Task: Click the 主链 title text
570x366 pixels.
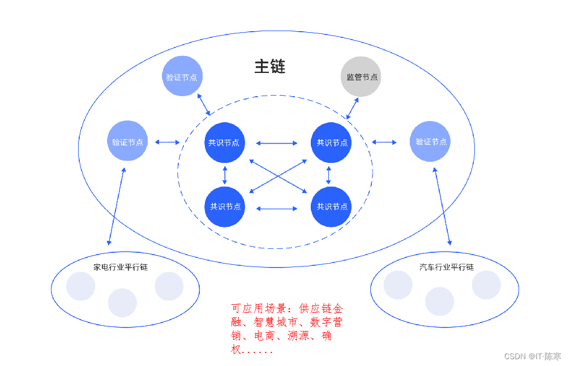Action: pyautogui.click(x=269, y=67)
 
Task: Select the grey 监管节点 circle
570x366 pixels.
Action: pyautogui.click(x=361, y=76)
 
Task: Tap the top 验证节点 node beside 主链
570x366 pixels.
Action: pyautogui.click(x=182, y=76)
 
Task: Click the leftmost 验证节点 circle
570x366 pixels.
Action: pyautogui.click(x=127, y=141)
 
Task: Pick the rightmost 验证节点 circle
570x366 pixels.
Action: pyautogui.click(x=431, y=141)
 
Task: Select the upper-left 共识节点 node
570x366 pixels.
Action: pyautogui.click(x=224, y=143)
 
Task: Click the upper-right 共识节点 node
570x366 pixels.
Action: pyautogui.click(x=332, y=143)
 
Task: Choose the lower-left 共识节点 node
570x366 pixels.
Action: pyautogui.click(x=225, y=206)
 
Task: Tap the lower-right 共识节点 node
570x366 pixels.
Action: pyautogui.click(x=332, y=206)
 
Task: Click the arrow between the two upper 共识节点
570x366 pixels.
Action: pyautogui.click(x=276, y=143)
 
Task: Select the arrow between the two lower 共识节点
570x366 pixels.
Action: pyautogui.click(x=276, y=209)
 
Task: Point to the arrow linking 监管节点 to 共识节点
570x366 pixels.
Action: pyautogui.click(x=353, y=108)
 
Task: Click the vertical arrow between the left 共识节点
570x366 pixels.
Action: pyautogui.click(x=225, y=174)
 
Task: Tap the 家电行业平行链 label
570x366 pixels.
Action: pyautogui.click(x=121, y=267)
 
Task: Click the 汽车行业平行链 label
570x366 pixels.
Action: pyautogui.click(x=447, y=267)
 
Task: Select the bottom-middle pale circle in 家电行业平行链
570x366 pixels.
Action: pyautogui.click(x=122, y=303)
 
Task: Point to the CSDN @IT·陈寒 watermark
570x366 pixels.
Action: pyautogui.click(x=532, y=356)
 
